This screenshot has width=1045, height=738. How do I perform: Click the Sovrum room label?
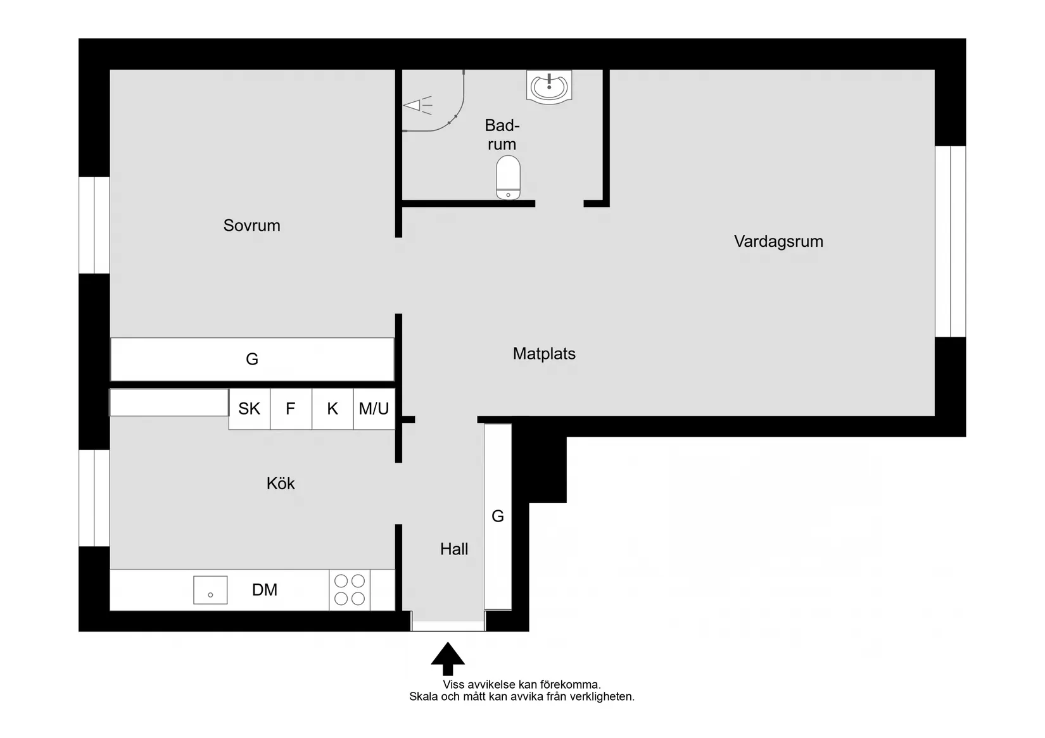(251, 225)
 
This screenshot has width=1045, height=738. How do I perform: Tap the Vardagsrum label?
(778, 241)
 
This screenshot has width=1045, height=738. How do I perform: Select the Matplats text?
(544, 353)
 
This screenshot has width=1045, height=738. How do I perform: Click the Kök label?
(281, 484)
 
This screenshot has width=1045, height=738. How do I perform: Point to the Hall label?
(454, 549)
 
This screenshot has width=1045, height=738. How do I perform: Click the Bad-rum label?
(502, 135)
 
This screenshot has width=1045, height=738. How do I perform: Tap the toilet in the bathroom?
(508, 178)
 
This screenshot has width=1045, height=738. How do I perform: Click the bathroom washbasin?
(548, 86)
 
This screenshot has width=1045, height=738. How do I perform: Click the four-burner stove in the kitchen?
(350, 590)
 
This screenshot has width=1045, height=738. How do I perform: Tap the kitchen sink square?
(210, 590)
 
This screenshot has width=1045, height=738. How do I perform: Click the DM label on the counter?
(265, 590)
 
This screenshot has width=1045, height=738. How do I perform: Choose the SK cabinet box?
(249, 409)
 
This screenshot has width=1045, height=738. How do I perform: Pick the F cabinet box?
(291, 409)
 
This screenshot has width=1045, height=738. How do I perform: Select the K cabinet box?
(332, 409)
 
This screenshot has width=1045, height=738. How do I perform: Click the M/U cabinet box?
(374, 409)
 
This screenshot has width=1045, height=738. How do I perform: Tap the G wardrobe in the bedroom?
(252, 360)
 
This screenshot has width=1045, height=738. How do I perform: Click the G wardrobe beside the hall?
(498, 516)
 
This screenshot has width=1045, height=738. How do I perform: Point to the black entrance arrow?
(448, 658)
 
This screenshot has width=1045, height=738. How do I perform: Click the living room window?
(950, 241)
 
